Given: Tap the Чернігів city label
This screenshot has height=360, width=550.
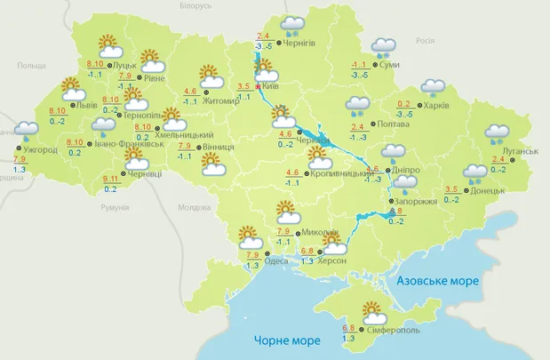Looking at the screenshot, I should click(302, 42).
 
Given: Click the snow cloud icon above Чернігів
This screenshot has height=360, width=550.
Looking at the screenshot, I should click(293, 27).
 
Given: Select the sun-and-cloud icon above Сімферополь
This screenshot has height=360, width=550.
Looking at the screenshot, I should click(371, 313).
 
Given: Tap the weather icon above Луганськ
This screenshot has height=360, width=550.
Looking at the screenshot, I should click(496, 134).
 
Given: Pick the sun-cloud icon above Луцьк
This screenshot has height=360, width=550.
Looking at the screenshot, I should click(108, 45).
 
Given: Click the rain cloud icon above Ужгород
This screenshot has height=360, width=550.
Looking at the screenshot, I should click(27, 132).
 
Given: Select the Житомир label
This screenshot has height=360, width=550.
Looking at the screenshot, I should click(222, 101).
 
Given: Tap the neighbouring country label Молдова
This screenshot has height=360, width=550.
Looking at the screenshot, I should click(191, 207).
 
